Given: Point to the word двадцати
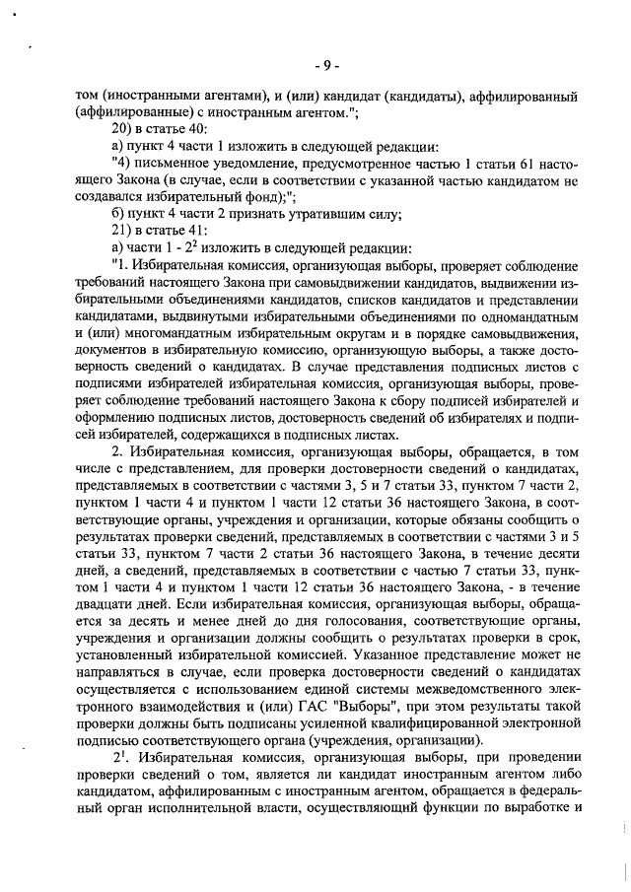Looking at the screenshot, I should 109,611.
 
